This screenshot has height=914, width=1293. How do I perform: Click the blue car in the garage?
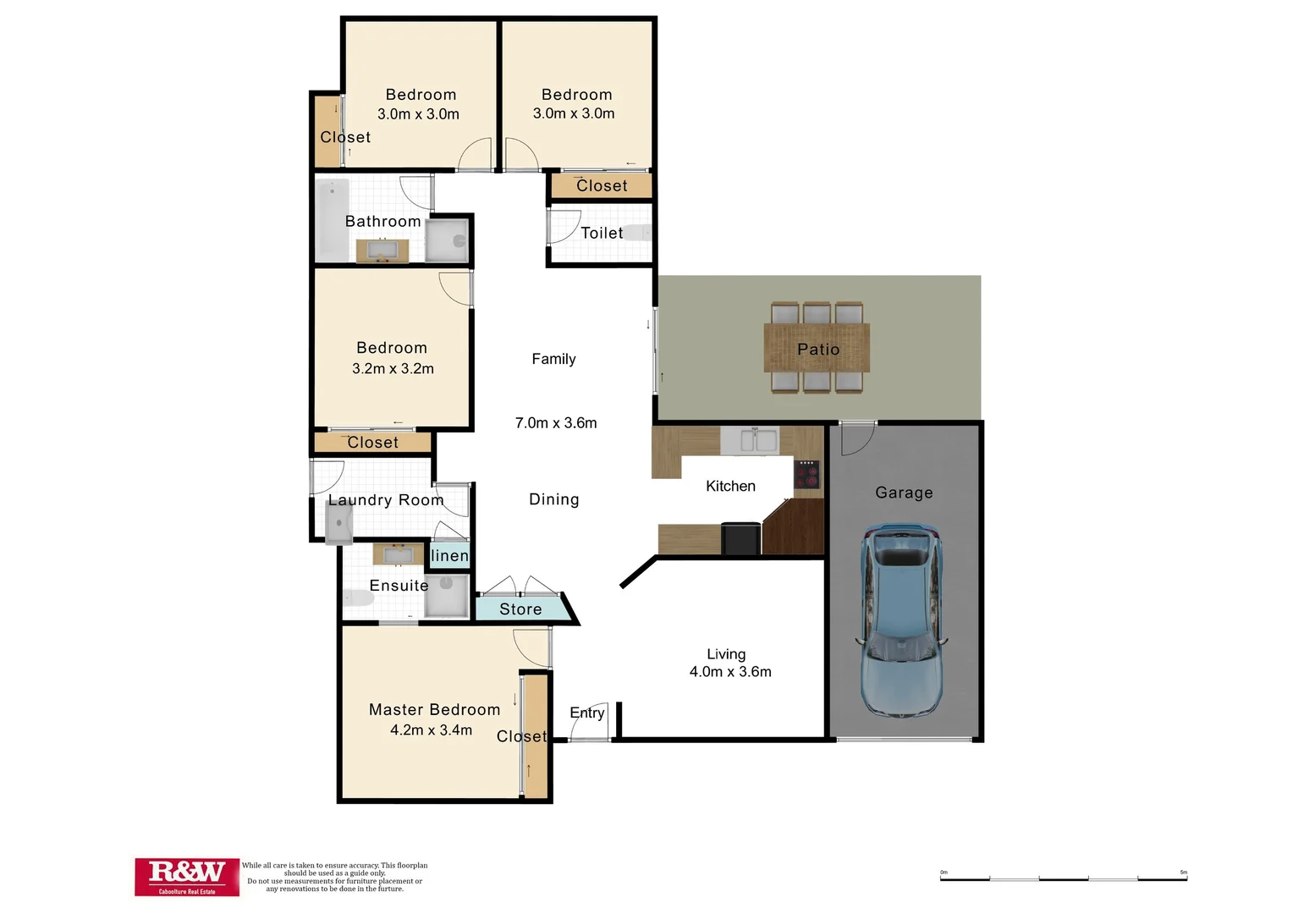pyautogui.click(x=902, y=621)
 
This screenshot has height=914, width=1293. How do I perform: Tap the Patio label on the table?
pyautogui.click(x=817, y=350)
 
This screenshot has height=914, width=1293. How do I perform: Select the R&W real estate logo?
pyautogui.click(x=186, y=876)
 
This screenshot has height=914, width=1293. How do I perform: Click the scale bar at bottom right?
pyautogui.click(x=1063, y=878)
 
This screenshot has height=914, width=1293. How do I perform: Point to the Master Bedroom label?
pyautogui.click(x=434, y=710)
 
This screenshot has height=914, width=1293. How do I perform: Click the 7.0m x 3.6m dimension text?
pyautogui.click(x=556, y=423)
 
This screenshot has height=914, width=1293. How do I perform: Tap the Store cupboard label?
pyautogui.click(x=520, y=609)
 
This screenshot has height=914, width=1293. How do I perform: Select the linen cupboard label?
pyautogui.click(x=449, y=556)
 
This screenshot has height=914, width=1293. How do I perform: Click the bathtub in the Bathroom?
pyautogui.click(x=332, y=220)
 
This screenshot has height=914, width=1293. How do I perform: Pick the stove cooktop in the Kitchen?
pyautogui.click(x=807, y=475)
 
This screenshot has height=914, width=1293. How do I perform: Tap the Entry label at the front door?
pyautogui.click(x=586, y=713)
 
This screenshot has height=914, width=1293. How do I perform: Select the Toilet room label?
pyautogui.click(x=602, y=233)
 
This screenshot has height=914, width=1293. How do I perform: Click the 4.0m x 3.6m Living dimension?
pyautogui.click(x=730, y=672)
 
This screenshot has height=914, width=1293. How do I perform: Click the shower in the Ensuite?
pyautogui.click(x=446, y=596)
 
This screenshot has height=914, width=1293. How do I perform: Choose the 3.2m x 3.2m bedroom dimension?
pyautogui.click(x=393, y=369)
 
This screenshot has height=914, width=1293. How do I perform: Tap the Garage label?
pyautogui.click(x=904, y=493)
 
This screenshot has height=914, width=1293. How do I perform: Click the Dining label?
pyautogui.click(x=554, y=499)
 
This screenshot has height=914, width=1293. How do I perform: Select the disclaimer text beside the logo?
pyautogui.click(x=334, y=878)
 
